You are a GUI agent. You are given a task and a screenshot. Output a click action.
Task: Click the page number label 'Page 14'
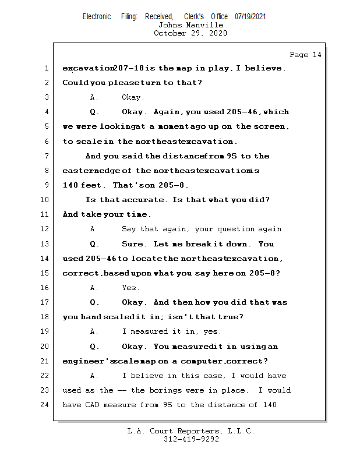click(x=305, y=55)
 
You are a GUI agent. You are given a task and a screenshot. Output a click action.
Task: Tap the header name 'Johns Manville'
click(x=190, y=25)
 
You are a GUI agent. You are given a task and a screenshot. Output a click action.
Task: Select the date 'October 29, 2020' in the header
click(x=190, y=33)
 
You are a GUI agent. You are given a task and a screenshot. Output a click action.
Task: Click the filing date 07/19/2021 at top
click(x=250, y=17)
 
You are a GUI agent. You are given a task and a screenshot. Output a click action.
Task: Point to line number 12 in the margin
click(x=46, y=229)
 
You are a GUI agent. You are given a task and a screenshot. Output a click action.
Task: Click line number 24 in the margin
click(x=46, y=405)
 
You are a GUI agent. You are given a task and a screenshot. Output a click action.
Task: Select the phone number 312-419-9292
click(x=191, y=439)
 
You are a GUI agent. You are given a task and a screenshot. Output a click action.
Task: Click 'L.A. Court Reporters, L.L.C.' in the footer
click(x=191, y=431)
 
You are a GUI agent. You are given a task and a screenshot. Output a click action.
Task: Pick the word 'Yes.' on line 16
click(x=130, y=288)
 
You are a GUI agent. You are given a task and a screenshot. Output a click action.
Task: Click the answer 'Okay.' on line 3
click(x=133, y=97)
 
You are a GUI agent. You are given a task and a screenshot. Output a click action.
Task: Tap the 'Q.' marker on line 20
click(x=94, y=347)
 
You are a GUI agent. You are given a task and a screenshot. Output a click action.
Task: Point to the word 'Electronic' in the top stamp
click(x=97, y=17)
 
